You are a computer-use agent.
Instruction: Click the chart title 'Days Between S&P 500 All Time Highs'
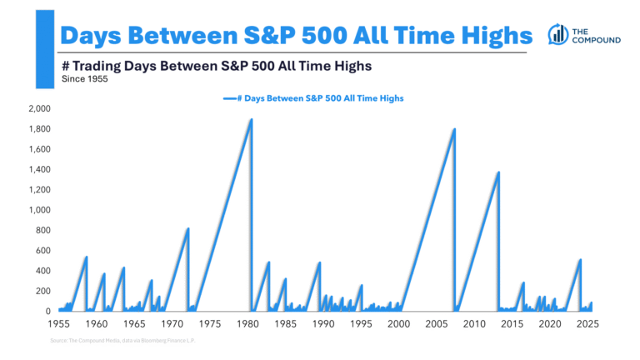coord(297,35)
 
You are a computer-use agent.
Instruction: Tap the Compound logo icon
coord(557,34)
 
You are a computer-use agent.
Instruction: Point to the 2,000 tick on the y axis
coord(38,108)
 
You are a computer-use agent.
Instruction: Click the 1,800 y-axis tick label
coord(38,129)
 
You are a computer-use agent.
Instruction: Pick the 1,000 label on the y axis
coord(38,210)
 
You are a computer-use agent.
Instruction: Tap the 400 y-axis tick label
coord(42,271)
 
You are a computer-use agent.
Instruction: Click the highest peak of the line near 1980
coord(251,119)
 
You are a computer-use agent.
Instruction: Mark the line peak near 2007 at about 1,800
coord(454,129)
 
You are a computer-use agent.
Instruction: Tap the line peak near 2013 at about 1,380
coord(498,172)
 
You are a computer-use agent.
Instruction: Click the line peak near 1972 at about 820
coord(188,228)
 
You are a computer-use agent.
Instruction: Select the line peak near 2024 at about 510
coord(580,260)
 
